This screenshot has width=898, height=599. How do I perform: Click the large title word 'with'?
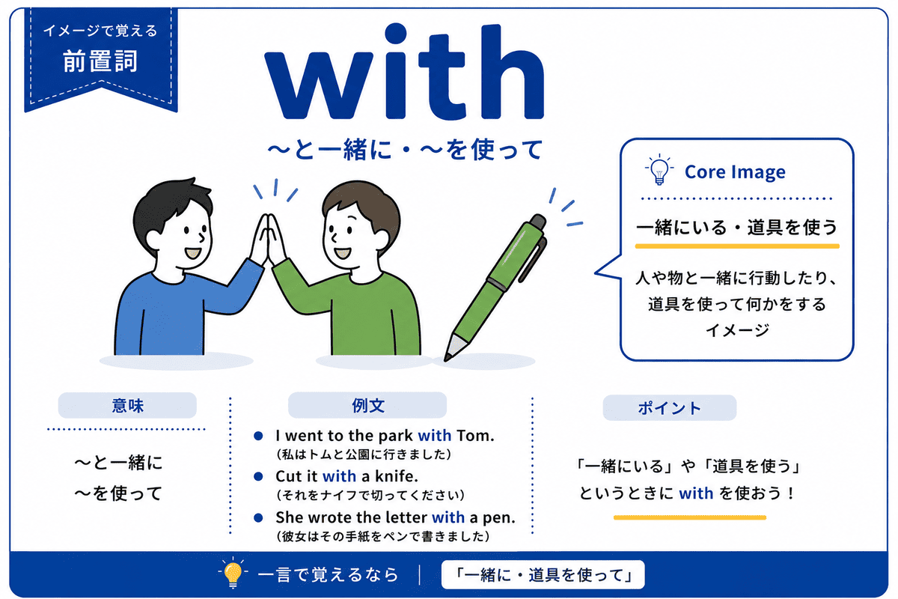coord(404,72)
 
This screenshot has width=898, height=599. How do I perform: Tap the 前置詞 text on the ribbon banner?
coord(100,61)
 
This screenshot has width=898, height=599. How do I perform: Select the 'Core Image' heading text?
coord(735,172)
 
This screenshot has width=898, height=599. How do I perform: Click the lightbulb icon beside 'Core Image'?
coord(659,169)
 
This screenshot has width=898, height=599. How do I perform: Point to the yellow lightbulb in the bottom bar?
coord(233,572)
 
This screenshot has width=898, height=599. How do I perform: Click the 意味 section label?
coord(127,406)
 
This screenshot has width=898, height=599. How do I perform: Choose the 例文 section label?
coord(368,405)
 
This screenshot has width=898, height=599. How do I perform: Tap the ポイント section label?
coord(669,408)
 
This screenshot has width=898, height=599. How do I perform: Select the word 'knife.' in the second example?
coord(397,476)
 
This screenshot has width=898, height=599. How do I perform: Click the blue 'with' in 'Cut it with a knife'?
coord(339,476)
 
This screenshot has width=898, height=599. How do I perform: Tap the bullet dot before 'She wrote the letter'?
coord(258,517)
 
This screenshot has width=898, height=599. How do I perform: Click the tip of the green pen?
coord(445,359)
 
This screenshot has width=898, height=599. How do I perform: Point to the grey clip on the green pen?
coord(534,260)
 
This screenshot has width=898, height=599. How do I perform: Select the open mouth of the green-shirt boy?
coord(343,254)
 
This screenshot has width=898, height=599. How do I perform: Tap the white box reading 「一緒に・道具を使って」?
coord(543,574)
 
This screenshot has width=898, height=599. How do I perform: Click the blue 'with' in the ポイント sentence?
coord(696,493)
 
